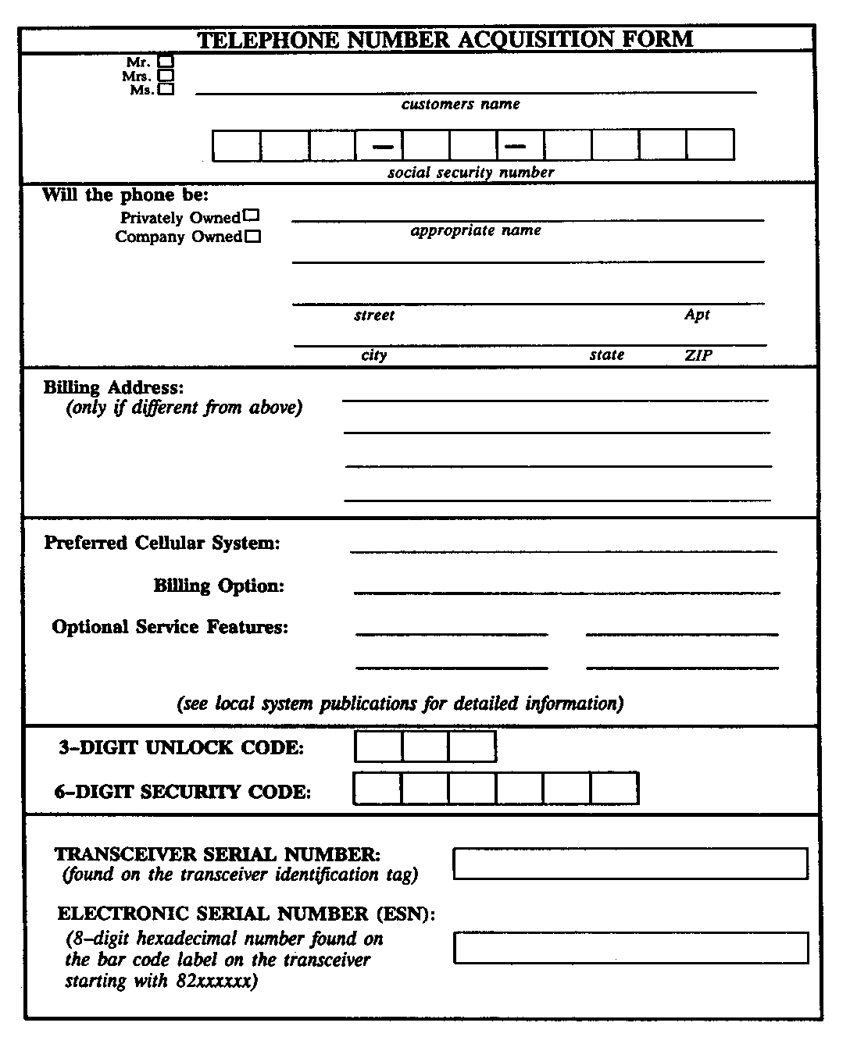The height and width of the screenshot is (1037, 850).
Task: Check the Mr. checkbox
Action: tap(166, 60)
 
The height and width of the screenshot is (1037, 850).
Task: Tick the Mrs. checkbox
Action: tap(166, 76)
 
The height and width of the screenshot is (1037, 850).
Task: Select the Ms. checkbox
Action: tap(166, 90)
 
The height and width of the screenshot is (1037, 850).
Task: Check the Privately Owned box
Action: tap(252, 216)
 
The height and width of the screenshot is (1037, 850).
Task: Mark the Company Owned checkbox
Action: tap(252, 237)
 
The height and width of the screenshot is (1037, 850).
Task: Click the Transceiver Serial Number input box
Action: tap(630, 864)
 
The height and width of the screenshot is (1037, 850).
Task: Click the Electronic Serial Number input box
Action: tap(630, 947)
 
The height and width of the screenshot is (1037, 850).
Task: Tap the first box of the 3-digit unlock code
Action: tap(378, 747)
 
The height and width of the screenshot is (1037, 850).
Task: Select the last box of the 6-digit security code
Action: tap(614, 788)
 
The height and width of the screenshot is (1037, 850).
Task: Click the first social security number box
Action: tap(236, 145)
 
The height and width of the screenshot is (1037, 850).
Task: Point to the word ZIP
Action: tap(698, 355)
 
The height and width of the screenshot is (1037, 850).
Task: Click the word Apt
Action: tap(697, 314)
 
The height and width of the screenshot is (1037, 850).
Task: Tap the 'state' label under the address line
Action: tap(607, 355)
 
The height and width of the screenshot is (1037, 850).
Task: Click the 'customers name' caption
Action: tap(460, 104)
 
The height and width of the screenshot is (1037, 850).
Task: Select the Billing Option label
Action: tap(219, 586)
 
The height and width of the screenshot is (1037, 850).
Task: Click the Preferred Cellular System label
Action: tap(162, 543)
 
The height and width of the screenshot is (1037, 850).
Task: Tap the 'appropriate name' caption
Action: tap(476, 230)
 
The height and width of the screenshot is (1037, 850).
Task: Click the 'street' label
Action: tap(374, 315)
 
